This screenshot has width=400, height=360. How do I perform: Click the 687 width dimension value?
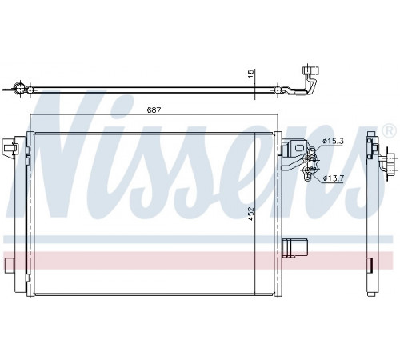(x=154, y=110)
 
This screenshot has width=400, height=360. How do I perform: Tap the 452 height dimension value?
(x=250, y=214)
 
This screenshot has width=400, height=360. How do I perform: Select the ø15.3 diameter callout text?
(x=333, y=141)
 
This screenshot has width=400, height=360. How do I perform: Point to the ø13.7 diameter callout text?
(x=334, y=178)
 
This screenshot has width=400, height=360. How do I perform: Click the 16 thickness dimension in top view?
(x=250, y=74)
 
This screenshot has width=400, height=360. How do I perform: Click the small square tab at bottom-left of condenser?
(x=10, y=265)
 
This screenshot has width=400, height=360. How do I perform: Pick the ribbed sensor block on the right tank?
(x=294, y=248)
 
